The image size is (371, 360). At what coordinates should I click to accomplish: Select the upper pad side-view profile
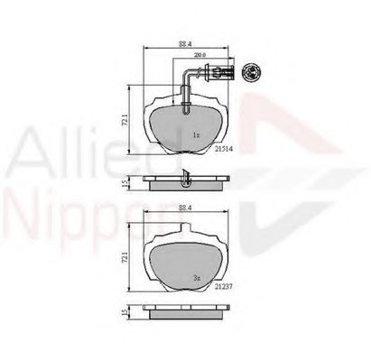point(184,183)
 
